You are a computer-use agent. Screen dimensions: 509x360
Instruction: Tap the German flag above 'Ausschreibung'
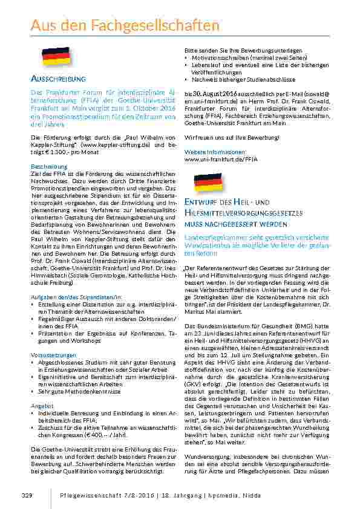(x=56, y=56)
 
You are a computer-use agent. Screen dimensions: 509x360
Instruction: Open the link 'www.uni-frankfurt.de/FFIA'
(x=212, y=159)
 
